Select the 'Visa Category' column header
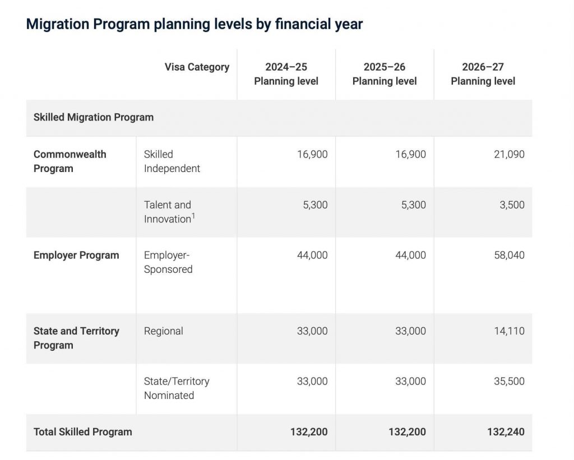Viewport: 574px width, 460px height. pos(197,67)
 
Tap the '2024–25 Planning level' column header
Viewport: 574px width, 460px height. pos(286,74)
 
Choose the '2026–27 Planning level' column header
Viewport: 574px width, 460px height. pos(483,74)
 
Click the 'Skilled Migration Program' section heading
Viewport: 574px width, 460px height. pos(94,117)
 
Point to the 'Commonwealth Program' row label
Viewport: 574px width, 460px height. pos(70,161)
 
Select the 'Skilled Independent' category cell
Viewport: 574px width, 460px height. pos(172,161)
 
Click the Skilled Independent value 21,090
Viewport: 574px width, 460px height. pos(509,155)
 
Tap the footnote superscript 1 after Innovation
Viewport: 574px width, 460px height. pos(193,216)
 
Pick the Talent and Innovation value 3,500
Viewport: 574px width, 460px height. pos(512,205)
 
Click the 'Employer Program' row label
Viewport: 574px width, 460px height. pos(76,255)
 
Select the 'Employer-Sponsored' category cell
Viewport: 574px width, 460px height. pos(168,262)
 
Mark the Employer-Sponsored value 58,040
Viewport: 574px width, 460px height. pos(509,255)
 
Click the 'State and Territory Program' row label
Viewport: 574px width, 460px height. pos(76,338)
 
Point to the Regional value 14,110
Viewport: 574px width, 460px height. pos(509,331)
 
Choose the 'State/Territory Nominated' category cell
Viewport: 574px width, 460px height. pos(177,388)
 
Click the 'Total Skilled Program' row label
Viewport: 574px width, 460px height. pos(83,432)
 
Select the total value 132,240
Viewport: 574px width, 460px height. pos(506,432)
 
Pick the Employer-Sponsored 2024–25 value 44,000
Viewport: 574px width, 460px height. pos(312,255)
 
